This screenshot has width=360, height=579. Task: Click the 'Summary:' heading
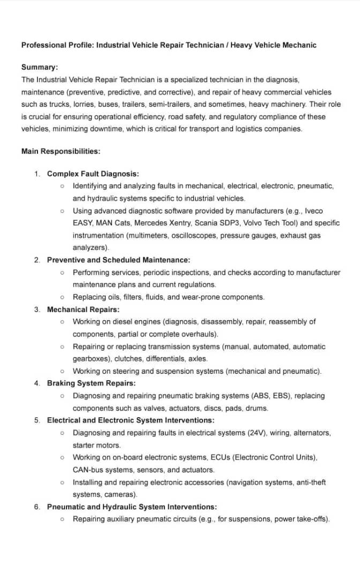40,67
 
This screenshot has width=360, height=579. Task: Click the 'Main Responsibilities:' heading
61,151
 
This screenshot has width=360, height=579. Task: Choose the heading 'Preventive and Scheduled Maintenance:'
118,260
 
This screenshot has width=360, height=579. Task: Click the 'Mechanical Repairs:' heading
83,309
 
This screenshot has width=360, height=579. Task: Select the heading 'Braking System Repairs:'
91,383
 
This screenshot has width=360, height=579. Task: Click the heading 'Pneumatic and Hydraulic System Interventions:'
132,507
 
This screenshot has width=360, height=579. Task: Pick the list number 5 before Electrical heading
37,420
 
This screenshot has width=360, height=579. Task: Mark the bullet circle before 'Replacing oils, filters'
63,297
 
